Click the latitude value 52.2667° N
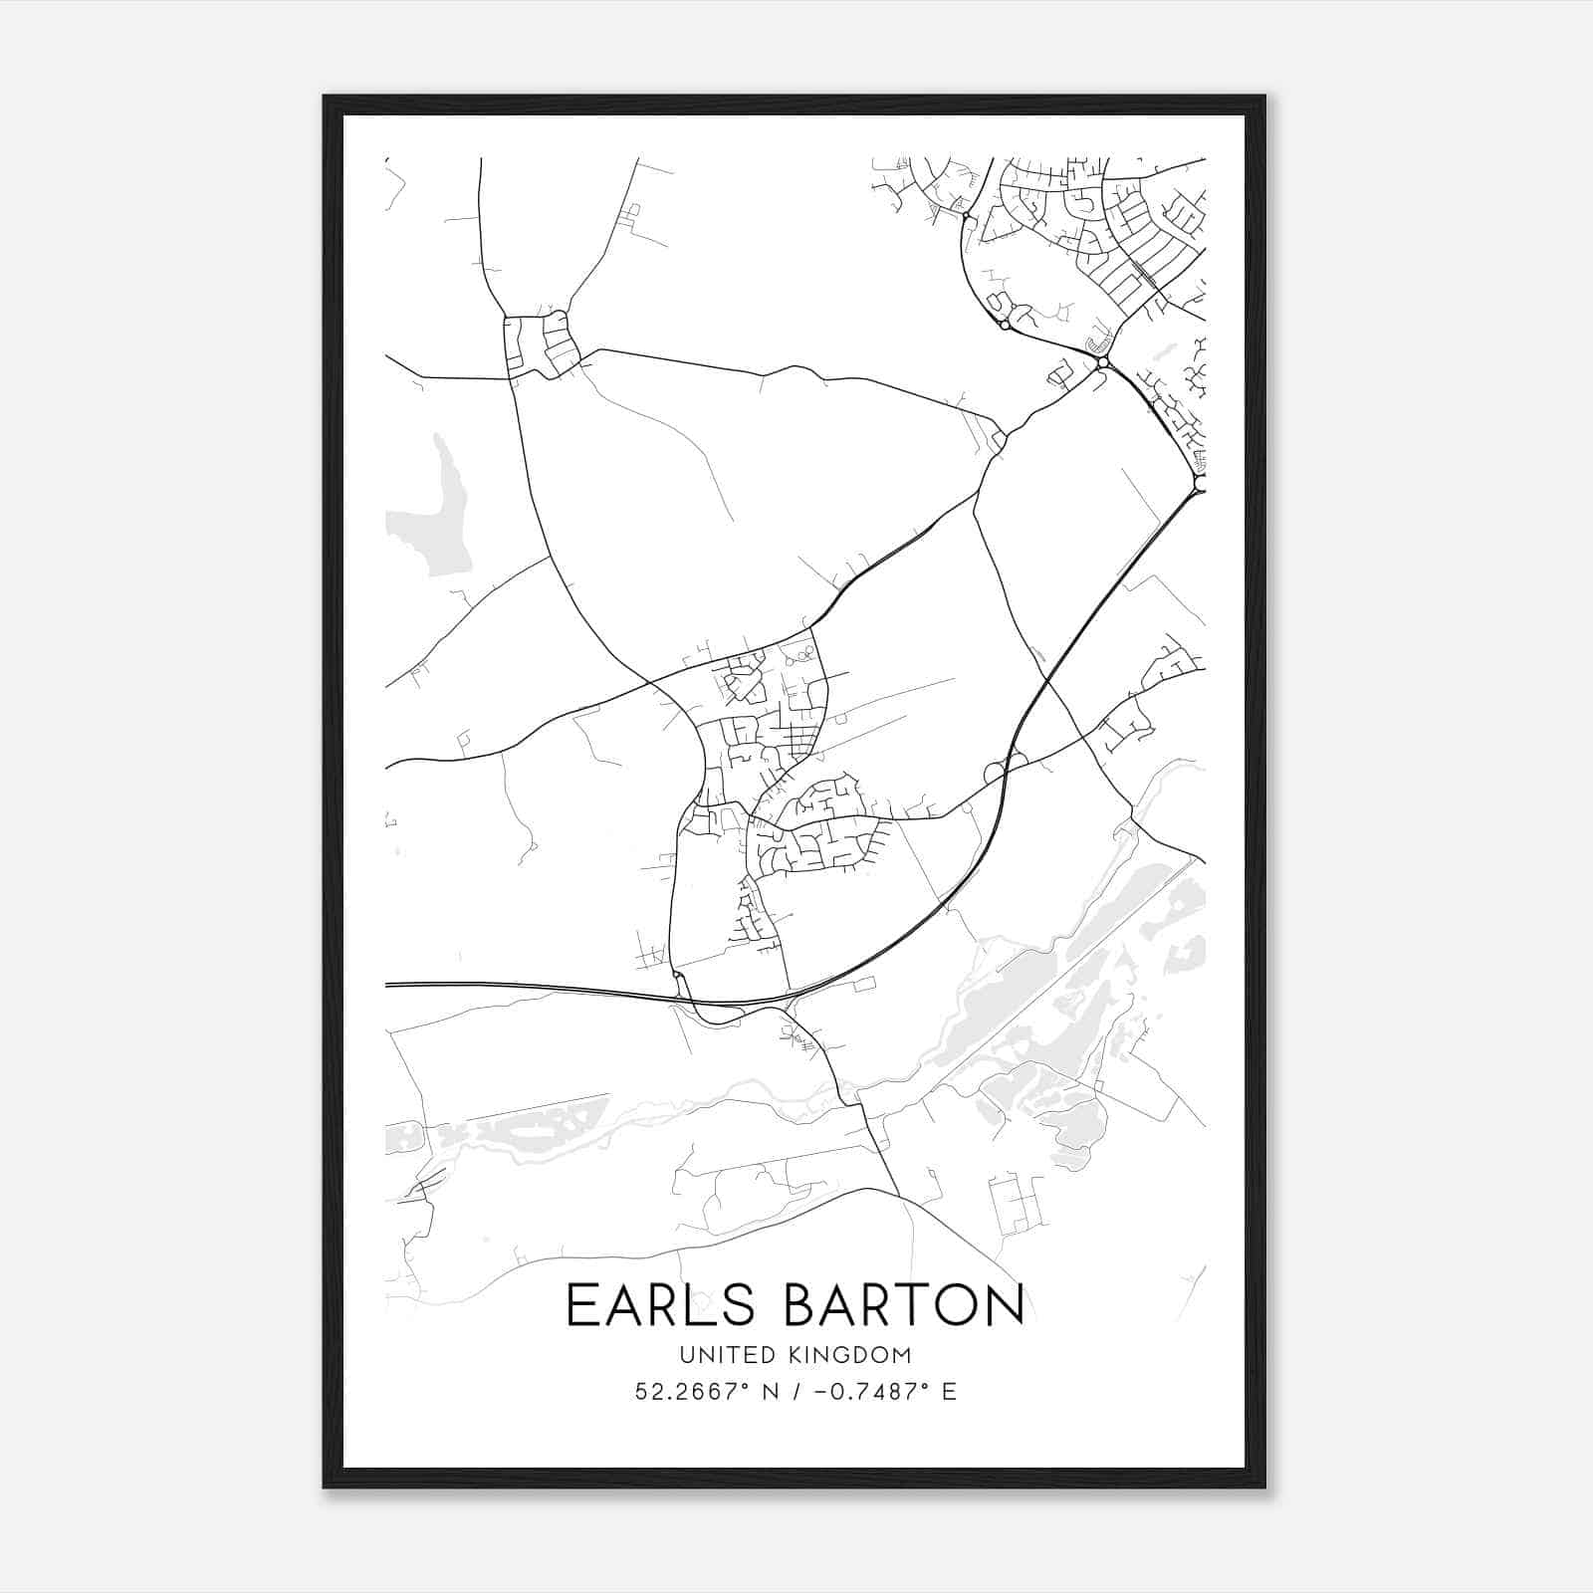(x=702, y=1392)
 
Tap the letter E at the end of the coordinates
(x=949, y=1392)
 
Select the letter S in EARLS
(x=744, y=1305)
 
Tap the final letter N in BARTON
(x=1006, y=1305)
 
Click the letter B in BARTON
(x=801, y=1305)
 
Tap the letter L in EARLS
(x=708, y=1305)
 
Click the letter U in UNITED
(x=686, y=1355)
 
